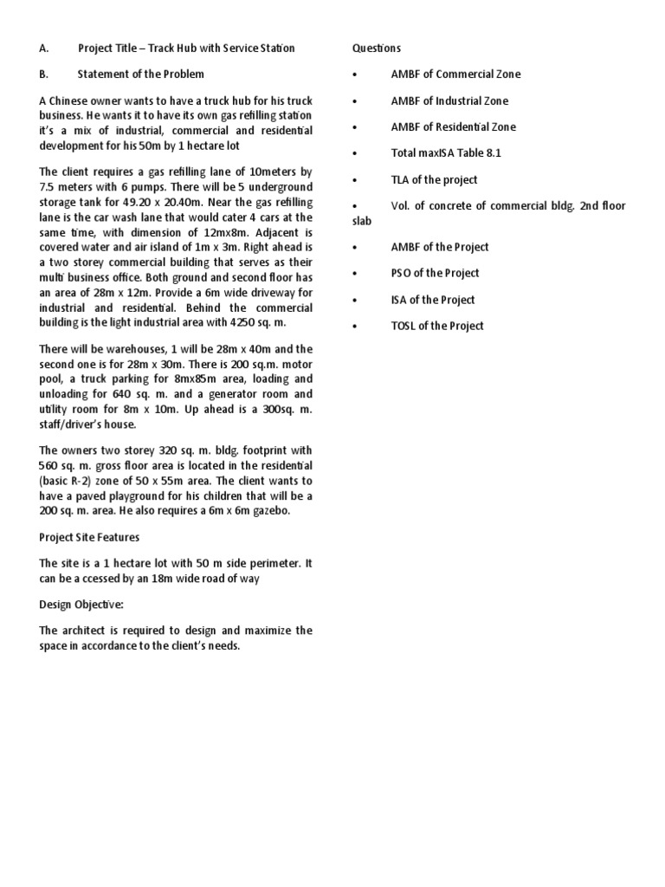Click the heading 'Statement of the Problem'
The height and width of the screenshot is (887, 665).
(140, 74)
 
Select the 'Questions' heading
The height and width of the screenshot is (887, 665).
(377, 49)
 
